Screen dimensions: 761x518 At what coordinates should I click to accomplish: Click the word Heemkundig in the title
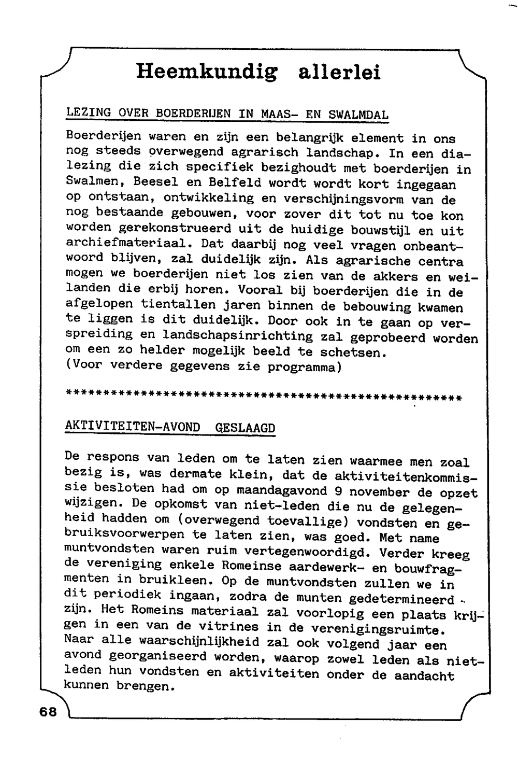(206, 72)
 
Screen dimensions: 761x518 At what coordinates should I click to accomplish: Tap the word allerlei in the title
(339, 72)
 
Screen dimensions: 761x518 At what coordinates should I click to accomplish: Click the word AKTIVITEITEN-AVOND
(133, 427)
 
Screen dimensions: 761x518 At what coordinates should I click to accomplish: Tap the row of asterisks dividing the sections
(264, 398)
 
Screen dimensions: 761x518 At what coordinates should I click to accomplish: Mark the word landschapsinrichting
(238, 336)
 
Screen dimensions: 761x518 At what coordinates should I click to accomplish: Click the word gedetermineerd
(401, 600)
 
